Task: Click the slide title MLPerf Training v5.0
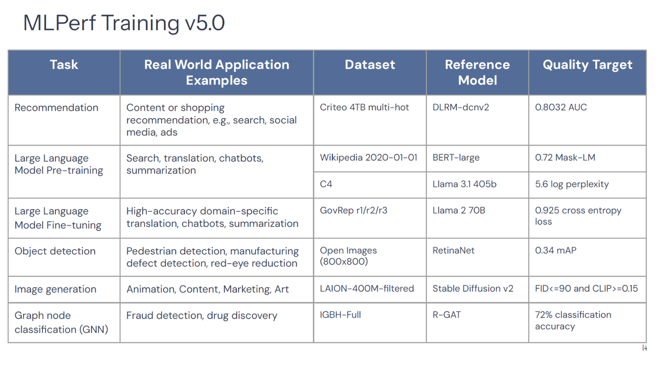[124, 23]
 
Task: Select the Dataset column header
[370, 65]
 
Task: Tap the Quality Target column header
[587, 65]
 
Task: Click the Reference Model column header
[477, 73]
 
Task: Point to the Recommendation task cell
[56, 108]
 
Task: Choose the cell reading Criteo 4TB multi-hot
[364, 108]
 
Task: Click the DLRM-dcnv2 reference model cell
[460, 108]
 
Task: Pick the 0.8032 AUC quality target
[561, 108]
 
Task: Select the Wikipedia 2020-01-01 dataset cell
[368, 157]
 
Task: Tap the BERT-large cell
[456, 157]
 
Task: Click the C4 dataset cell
[326, 184]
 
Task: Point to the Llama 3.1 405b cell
[464, 184]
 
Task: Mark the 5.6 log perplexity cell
[572, 184]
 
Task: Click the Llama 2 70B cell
[458, 211]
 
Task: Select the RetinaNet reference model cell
[453, 251]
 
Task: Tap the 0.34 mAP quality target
[556, 251]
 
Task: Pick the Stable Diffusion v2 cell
[473, 289]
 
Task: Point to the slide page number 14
[644, 348]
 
